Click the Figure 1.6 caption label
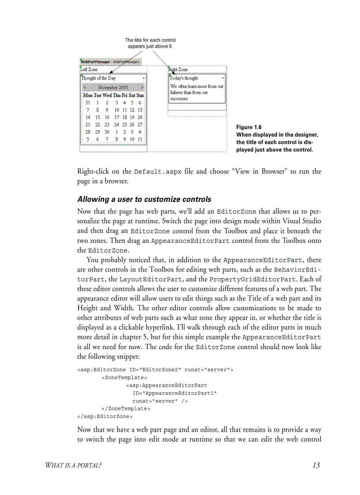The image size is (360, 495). (249, 127)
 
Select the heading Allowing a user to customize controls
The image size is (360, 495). (144, 199)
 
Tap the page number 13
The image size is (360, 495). (315, 465)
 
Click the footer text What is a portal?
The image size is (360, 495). (74, 465)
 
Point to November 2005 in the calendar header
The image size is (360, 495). (113, 88)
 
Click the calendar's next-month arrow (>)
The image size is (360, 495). (142, 88)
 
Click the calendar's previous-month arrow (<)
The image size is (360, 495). (84, 88)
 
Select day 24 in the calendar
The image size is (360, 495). (117, 125)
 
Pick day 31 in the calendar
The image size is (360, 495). (88, 102)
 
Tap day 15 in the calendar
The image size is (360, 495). (97, 117)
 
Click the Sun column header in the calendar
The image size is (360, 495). (140, 95)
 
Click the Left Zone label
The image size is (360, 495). (89, 70)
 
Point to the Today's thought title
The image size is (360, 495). (184, 78)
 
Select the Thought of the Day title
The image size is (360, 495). (99, 78)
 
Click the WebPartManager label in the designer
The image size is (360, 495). (95, 62)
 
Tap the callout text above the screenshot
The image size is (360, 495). (150, 43)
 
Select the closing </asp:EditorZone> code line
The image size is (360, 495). (105, 416)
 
